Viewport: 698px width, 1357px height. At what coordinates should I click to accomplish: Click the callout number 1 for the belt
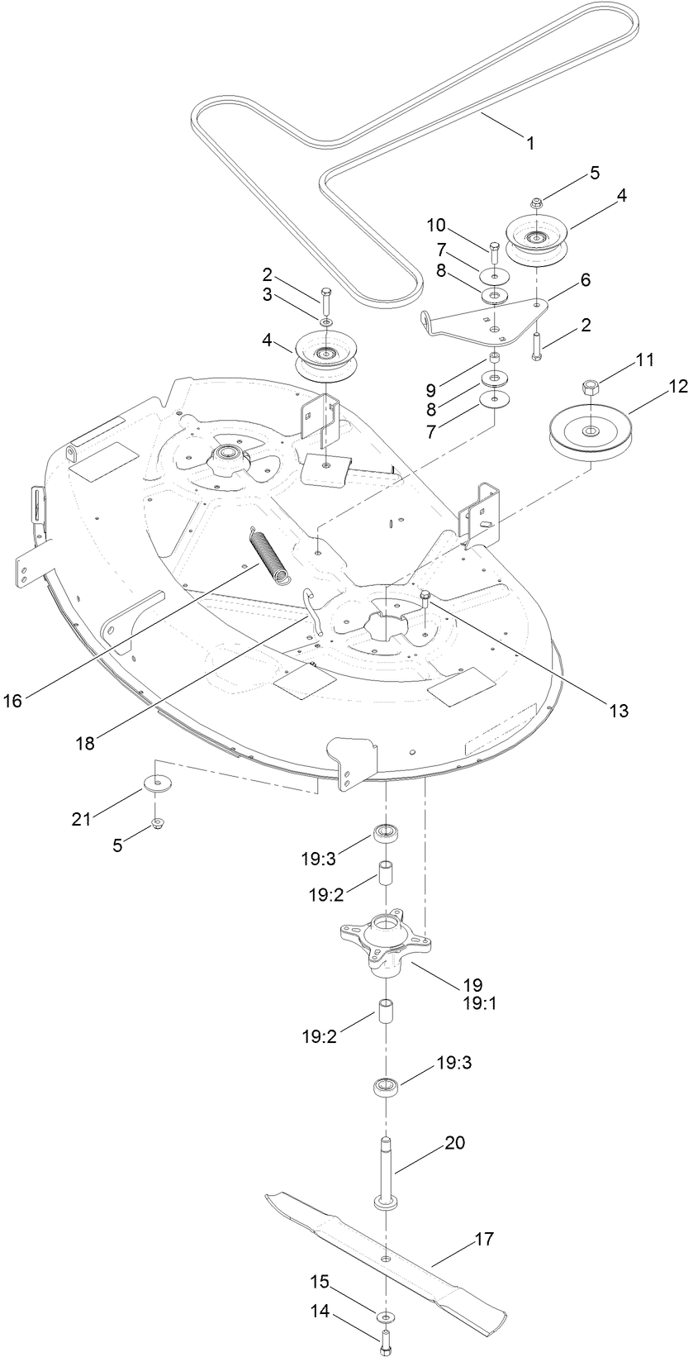530,143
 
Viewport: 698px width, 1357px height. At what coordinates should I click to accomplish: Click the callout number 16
13,701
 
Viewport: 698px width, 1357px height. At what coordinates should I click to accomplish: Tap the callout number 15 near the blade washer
320,1282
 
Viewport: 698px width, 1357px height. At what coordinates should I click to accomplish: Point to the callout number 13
619,710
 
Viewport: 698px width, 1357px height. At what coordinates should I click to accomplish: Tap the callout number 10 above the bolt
437,225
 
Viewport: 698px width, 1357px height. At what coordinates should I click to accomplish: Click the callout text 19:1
472,1004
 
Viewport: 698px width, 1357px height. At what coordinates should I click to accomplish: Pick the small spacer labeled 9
495,357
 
